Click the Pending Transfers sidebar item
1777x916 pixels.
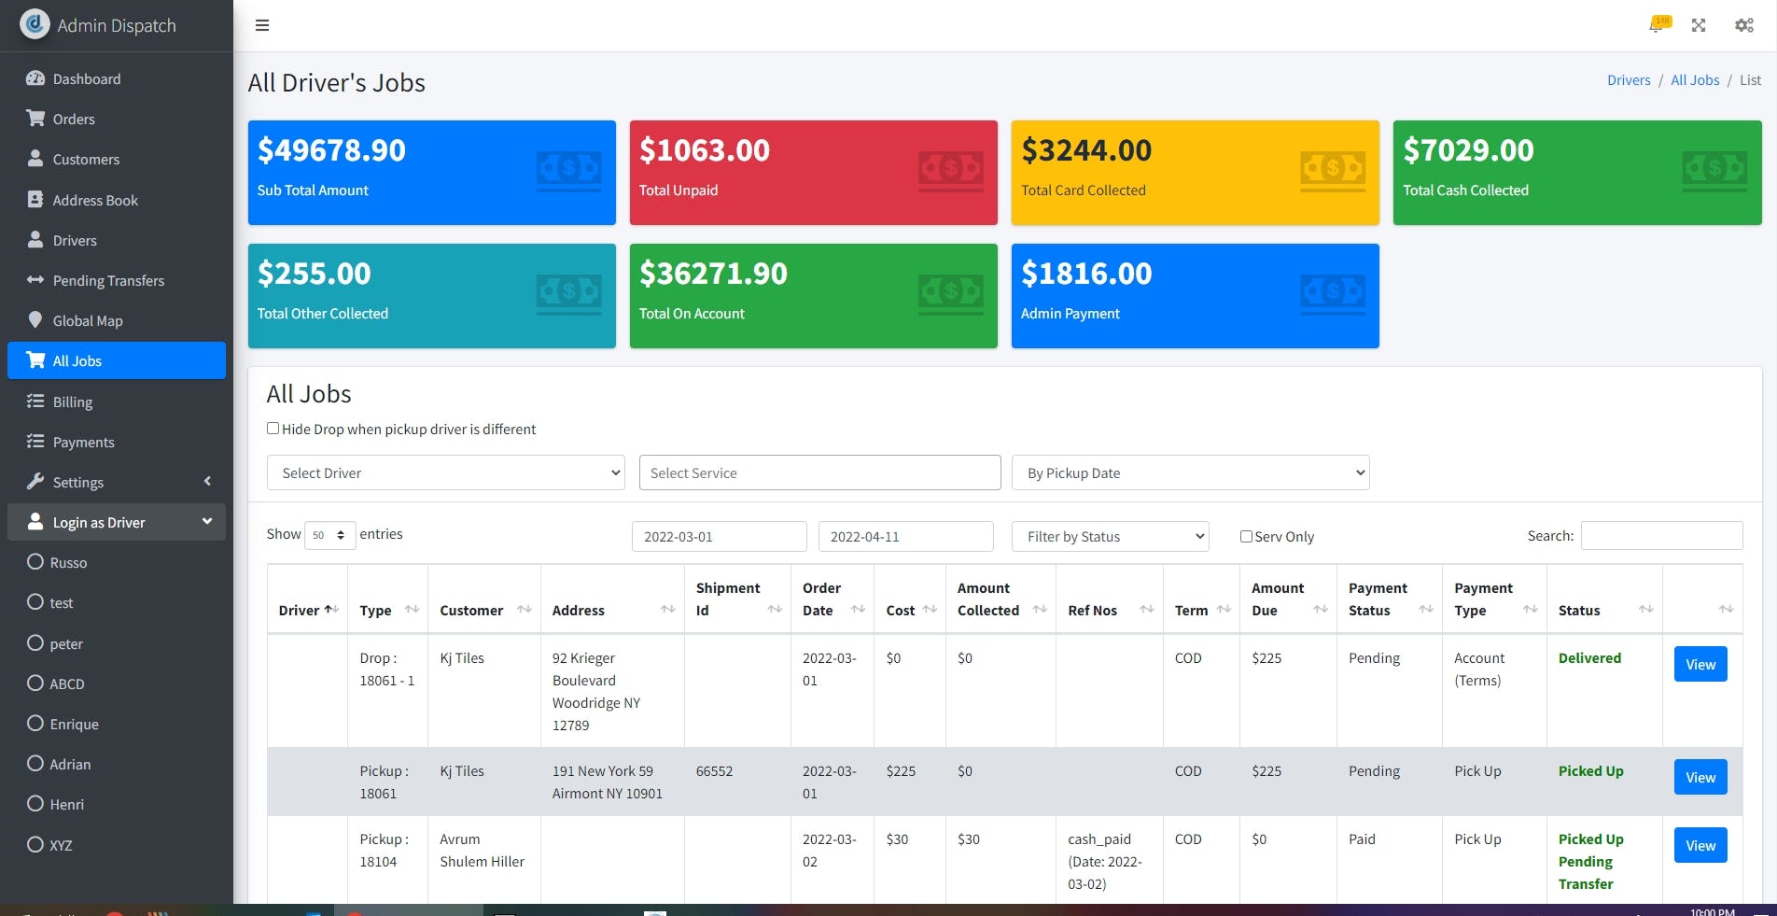(107, 281)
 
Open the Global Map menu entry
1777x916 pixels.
(87, 321)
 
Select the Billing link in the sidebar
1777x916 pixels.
(72, 402)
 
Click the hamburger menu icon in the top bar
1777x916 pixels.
(262, 25)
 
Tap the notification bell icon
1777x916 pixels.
(1657, 25)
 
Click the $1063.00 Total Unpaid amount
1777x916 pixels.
(704, 150)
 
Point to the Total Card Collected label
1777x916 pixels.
(1083, 190)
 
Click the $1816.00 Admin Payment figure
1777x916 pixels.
(1085, 274)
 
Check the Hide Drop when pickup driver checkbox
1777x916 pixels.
(273, 429)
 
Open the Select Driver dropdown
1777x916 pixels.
(445, 473)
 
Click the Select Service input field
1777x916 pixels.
(819, 473)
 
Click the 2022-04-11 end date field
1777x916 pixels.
(904, 537)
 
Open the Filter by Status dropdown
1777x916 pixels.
(1110, 537)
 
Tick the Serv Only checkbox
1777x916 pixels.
(1246, 537)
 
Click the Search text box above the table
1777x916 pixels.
(1660, 536)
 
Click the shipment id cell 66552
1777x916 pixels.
(714, 772)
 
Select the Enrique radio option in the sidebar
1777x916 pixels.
(35, 724)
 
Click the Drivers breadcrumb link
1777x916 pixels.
(1628, 80)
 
